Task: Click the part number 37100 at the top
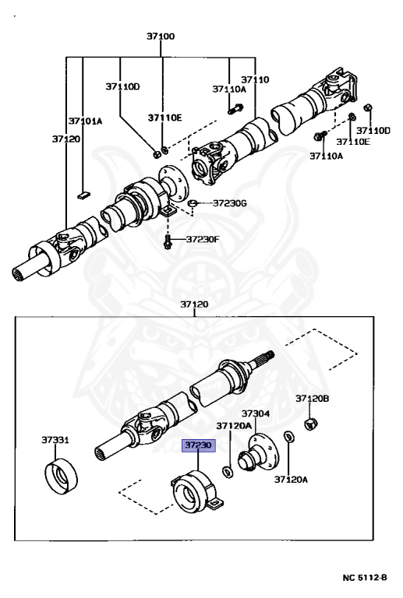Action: pos(161,37)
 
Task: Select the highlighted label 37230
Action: pos(199,445)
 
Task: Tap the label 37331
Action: pos(55,440)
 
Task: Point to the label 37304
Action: pos(256,413)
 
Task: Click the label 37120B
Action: pos(312,399)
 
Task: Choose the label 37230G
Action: pos(229,203)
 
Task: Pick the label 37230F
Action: pos(203,240)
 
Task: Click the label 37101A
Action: pos(86,121)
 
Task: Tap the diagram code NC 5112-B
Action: pos(365,578)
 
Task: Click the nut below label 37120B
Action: pos(311,424)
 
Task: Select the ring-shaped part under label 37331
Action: pos(61,477)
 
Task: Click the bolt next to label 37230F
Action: pos(168,241)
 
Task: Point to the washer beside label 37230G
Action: pos(193,202)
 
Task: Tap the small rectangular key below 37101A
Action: pos(84,195)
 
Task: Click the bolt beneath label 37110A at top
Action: pos(235,109)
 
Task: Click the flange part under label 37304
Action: pos(258,453)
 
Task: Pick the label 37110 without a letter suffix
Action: pos(255,79)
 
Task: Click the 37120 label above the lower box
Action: pos(194,304)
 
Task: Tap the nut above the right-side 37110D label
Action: pos(368,107)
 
